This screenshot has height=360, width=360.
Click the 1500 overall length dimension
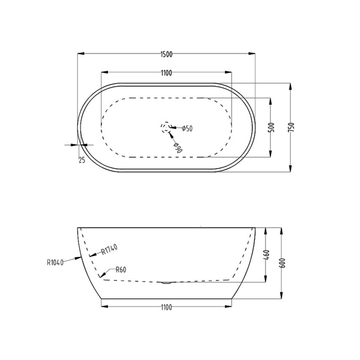[166, 54]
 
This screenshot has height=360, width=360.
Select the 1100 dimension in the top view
[166, 73]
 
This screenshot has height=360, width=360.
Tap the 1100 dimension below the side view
[166, 307]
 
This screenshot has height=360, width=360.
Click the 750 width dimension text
[291, 127]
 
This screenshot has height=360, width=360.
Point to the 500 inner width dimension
[271, 127]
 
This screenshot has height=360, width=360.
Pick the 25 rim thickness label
[82, 160]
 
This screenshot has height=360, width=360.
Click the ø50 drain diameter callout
[187, 128]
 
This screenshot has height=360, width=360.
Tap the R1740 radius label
[109, 249]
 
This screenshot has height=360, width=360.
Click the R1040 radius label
[55, 262]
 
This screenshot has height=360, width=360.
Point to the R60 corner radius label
[120, 269]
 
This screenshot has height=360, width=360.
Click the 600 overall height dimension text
[282, 263]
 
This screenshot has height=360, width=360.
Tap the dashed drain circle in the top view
[165, 127]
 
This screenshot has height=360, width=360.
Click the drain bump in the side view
[166, 282]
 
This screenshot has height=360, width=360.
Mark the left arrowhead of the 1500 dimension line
[80, 54]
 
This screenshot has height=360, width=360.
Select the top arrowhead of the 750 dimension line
[291, 86]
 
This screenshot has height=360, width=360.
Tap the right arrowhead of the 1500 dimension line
[253, 54]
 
